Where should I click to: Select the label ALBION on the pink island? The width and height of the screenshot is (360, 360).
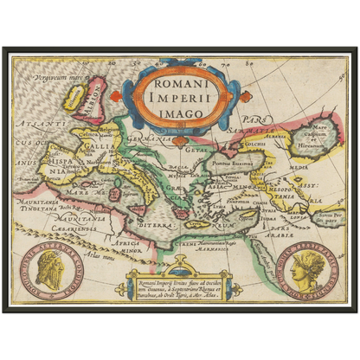tap(92, 97)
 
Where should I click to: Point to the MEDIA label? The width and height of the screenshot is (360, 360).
tap(298, 168)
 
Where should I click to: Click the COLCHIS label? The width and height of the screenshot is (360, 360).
tap(257, 145)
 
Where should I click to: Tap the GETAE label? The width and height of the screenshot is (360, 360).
tap(197, 150)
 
